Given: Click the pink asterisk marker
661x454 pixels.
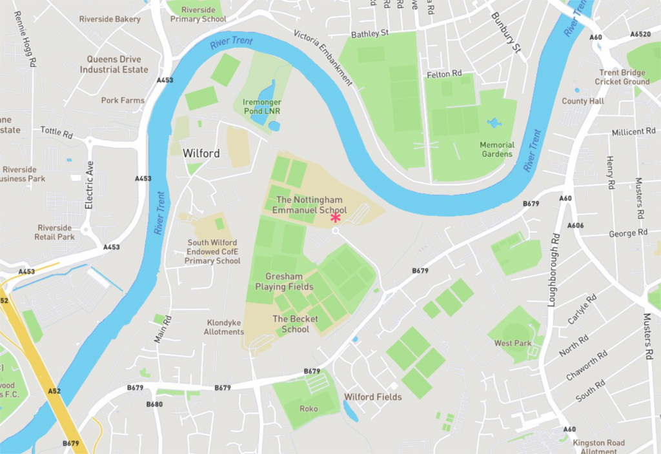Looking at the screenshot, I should pos(336,218).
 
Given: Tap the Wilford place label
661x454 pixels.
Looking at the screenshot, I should pos(201,153).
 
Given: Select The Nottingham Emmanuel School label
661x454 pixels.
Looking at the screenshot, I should pos(309,205).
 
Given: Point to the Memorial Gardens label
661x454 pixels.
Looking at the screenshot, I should pos(497,150).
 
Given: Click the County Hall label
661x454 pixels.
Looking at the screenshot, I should pos(583,101).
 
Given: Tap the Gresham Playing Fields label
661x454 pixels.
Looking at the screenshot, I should pos(284,282).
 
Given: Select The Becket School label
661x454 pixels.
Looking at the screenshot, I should pos(295,324).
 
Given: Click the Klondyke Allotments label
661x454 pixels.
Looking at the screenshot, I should pos(224,327).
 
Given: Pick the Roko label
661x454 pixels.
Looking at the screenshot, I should pos(309,409).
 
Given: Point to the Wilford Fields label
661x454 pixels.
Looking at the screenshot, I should pos(372,397).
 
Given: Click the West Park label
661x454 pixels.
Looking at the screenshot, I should pos(513,343).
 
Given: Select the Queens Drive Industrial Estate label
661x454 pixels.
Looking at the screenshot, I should pos(114,64).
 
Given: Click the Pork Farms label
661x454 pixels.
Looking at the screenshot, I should pos(123,101).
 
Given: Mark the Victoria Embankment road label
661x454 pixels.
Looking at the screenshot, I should pos(323,57).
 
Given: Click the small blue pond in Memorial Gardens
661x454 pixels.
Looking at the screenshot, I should pos(494,123).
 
